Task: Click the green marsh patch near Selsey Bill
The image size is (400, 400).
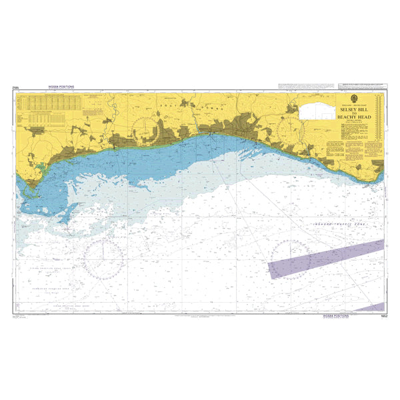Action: tap(40, 167)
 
